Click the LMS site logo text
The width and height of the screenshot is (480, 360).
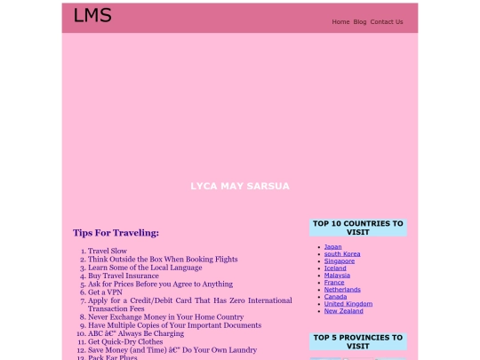(92, 15)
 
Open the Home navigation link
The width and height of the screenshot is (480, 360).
(340, 21)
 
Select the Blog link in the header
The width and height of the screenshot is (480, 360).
(360, 21)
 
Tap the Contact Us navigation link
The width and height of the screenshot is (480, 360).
(387, 21)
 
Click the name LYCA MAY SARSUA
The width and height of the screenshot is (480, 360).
(240, 186)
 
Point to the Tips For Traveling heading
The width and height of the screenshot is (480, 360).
(116, 233)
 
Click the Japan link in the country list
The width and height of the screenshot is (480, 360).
(332, 246)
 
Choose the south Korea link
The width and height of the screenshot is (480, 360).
(342, 253)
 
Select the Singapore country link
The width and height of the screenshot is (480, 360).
(340, 260)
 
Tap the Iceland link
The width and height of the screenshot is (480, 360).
(335, 268)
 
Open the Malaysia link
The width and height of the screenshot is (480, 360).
(337, 275)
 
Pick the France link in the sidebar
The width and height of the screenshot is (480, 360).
(334, 282)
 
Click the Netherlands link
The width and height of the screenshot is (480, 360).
(342, 289)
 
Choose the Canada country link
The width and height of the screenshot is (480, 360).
(336, 296)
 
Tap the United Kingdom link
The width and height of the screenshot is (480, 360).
(347, 303)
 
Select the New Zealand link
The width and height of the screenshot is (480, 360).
(344, 310)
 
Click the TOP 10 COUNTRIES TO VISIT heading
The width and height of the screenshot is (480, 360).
(357, 228)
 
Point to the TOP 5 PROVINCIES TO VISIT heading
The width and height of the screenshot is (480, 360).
(357, 341)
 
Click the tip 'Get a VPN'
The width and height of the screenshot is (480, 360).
(105, 292)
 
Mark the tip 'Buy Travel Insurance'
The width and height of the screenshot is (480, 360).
(124, 276)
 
